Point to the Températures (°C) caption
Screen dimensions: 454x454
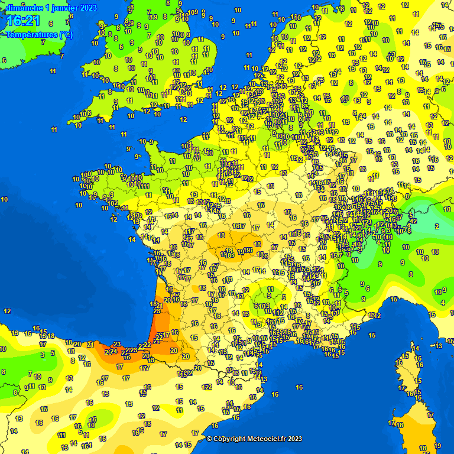[39, 34]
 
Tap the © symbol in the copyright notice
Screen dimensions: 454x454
[209, 439]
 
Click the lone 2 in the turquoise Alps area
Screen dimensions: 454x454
[437, 226]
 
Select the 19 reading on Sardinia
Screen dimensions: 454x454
[437, 446]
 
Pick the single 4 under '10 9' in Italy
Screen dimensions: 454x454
[443, 303]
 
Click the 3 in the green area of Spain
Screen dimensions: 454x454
[42, 355]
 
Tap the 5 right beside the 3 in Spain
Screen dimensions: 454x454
[53, 354]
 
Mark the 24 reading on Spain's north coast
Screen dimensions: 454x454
[113, 351]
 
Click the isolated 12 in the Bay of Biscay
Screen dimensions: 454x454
[7, 311]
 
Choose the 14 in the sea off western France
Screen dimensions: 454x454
[132, 239]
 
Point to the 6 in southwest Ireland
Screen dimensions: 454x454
[4, 60]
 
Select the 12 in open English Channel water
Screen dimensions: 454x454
[183, 119]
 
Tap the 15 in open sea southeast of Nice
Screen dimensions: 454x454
[372, 335]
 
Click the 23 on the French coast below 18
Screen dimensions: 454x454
[157, 311]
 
